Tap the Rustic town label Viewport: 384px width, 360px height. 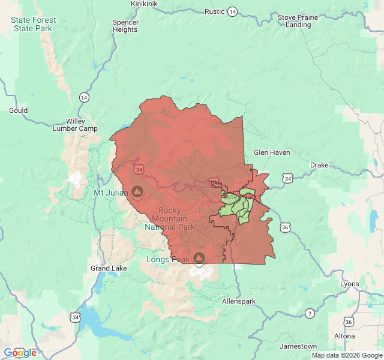click(x=214, y=11)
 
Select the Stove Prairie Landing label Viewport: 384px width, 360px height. click(x=298, y=21)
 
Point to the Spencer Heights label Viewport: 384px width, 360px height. click(x=125, y=26)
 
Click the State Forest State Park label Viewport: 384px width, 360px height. click(x=34, y=24)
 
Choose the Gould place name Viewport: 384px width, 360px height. click(x=19, y=110)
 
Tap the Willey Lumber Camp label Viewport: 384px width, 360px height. click(x=75, y=125)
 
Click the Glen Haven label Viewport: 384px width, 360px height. click(x=272, y=152)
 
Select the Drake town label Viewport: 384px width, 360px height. click(x=319, y=165)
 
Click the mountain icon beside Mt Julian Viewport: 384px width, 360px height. click(x=137, y=192)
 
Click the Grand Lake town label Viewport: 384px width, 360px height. click(x=109, y=268)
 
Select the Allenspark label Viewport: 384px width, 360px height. click(x=238, y=301)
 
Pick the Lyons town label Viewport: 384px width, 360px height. click(x=349, y=284)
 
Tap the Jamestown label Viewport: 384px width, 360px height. click(x=298, y=346)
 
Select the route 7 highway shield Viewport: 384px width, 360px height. click(x=309, y=313)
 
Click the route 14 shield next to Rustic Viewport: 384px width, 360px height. click(x=232, y=11)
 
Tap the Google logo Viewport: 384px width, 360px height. click(x=20, y=353)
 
